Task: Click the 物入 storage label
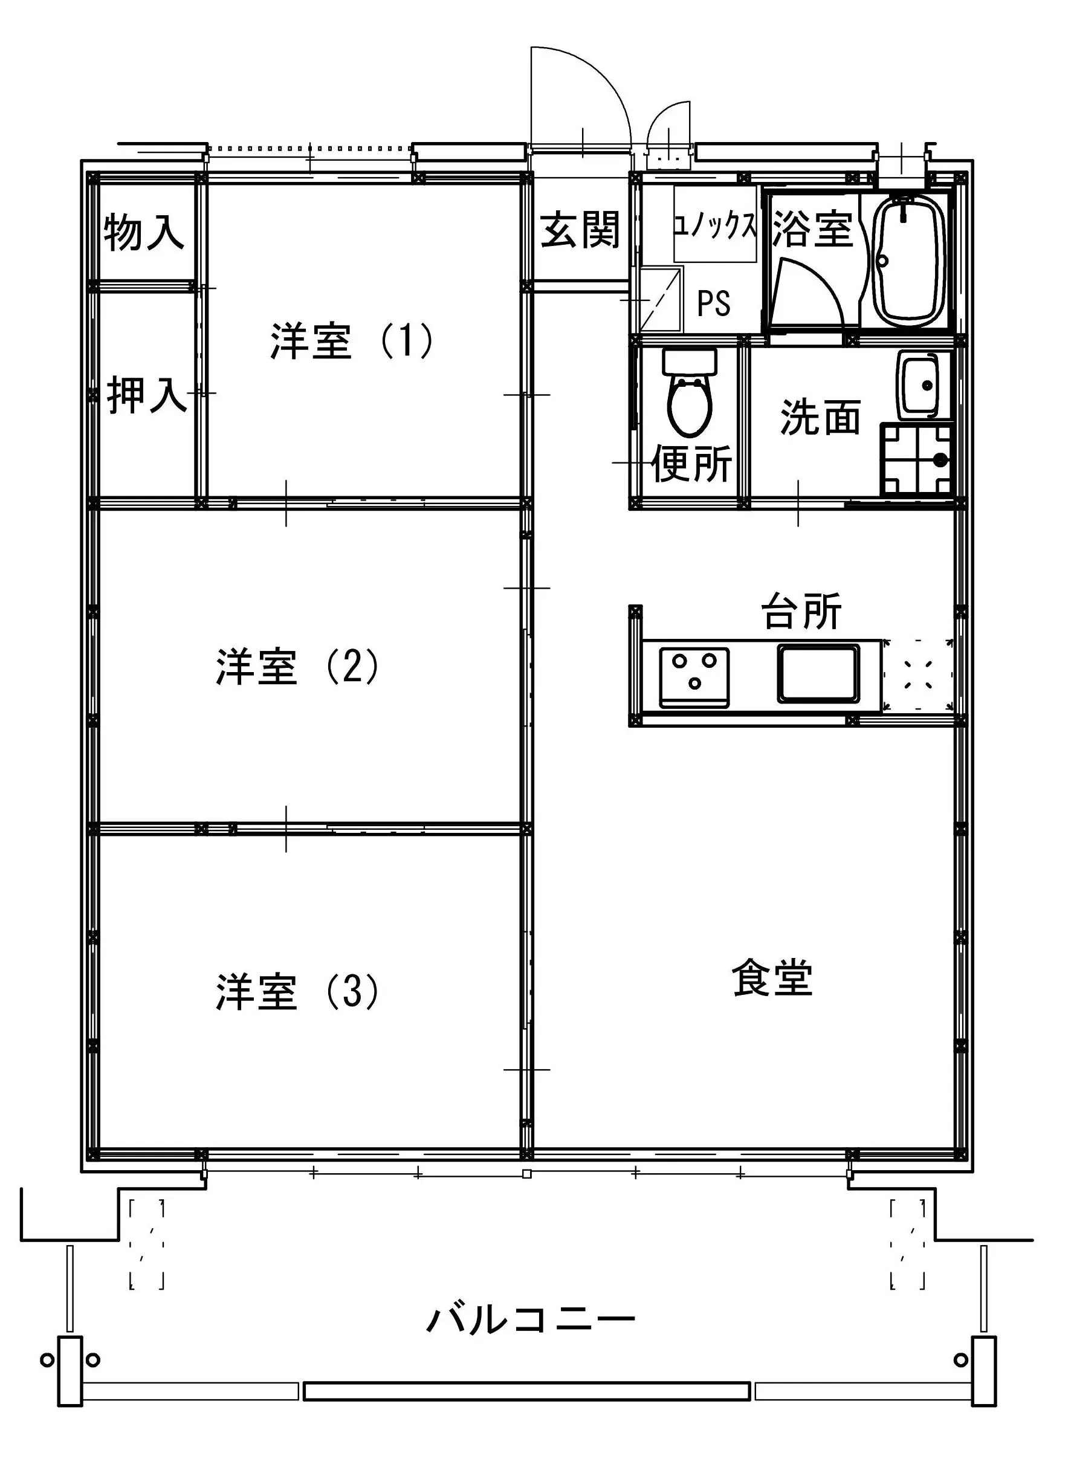click(x=143, y=231)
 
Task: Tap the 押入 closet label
click(x=147, y=395)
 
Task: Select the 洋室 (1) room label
click(x=352, y=340)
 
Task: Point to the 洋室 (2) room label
click(x=297, y=666)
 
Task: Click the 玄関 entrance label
click(x=580, y=230)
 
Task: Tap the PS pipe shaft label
click(x=714, y=303)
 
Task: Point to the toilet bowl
click(x=690, y=394)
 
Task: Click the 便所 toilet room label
click(x=692, y=463)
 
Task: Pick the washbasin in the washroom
click(x=919, y=386)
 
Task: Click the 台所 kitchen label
click(x=801, y=610)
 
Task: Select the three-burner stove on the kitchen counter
click(x=694, y=678)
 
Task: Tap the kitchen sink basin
click(x=818, y=674)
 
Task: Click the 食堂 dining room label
click(x=772, y=977)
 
